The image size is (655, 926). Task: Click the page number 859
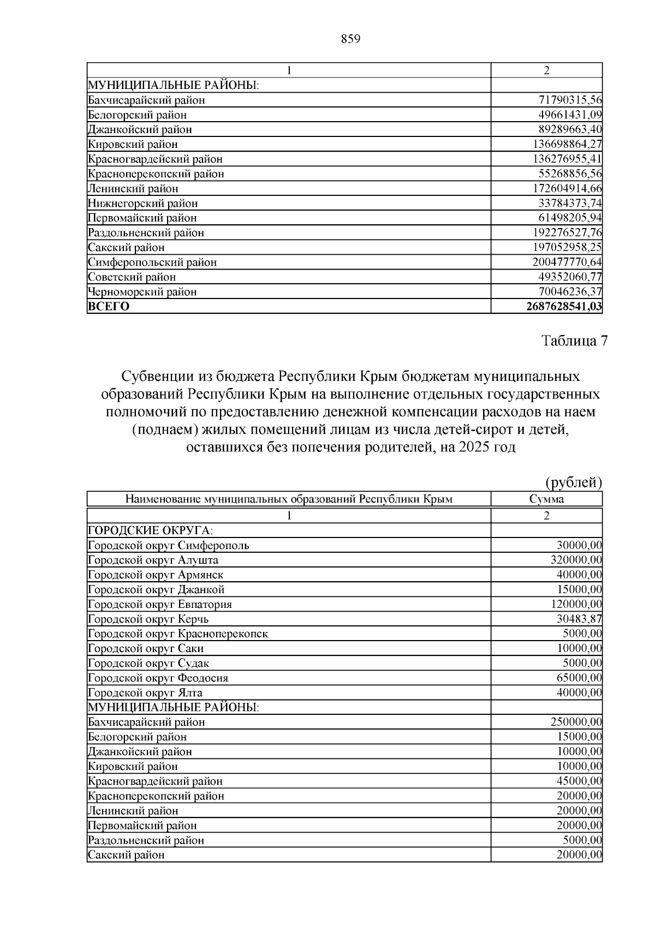tap(350, 39)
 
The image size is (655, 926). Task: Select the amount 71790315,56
tap(570, 100)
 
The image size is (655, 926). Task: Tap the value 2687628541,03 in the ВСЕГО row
tap(564, 307)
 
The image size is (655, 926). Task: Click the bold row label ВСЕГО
tap(109, 307)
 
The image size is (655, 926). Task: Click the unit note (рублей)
tap(574, 482)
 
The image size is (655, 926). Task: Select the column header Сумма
tap(546, 499)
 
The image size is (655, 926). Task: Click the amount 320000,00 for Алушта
tap(576, 560)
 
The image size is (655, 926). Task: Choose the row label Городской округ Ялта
tap(145, 693)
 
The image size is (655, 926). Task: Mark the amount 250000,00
tap(576, 722)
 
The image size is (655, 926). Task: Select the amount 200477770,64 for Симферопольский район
tap(567, 262)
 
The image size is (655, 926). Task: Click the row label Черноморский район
tap(142, 292)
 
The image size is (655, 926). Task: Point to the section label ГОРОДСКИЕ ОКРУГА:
tap(151, 531)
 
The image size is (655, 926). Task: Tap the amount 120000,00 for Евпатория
tap(576, 605)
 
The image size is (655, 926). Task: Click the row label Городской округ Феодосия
tap(158, 678)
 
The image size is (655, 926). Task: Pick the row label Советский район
tap(132, 277)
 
